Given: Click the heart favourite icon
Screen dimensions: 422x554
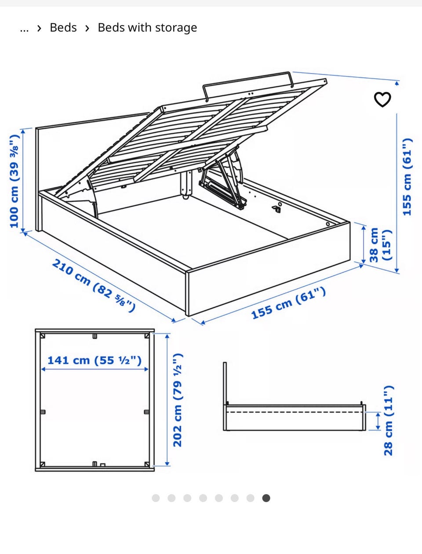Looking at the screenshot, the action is [382, 99].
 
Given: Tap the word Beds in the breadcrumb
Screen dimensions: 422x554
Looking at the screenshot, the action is [63, 28].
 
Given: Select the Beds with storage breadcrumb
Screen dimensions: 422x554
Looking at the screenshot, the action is [147, 28].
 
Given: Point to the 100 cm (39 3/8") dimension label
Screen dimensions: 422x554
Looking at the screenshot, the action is [14, 182].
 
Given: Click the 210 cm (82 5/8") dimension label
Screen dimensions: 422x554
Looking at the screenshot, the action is [94, 285].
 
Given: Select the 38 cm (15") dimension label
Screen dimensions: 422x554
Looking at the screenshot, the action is [380, 245].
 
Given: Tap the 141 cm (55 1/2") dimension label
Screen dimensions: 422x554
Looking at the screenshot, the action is [95, 360].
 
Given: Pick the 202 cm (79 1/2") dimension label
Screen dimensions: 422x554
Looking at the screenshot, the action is [178, 400].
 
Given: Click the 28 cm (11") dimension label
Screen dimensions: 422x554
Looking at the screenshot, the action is [389, 420].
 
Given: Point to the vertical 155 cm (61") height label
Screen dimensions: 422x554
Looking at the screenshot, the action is [407, 177].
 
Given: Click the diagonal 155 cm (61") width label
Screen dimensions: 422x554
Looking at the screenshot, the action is [288, 303].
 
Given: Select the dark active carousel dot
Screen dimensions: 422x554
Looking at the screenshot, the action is [266, 498].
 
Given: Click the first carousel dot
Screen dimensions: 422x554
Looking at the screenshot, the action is [156, 498].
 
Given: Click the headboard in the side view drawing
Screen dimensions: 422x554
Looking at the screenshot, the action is [225, 384].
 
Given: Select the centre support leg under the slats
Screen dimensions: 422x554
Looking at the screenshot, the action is [186, 184].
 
